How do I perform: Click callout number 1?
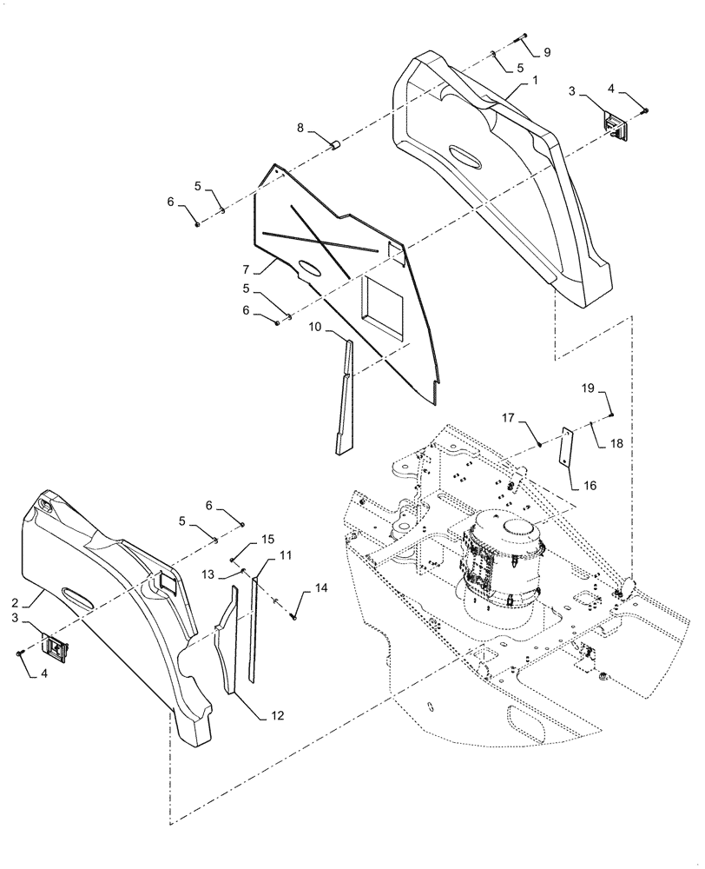[536, 80]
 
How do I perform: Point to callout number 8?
[300, 128]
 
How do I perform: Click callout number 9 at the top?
[547, 53]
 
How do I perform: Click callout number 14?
[321, 588]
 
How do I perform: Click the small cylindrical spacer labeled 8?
[330, 141]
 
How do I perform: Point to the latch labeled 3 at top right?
[616, 125]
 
